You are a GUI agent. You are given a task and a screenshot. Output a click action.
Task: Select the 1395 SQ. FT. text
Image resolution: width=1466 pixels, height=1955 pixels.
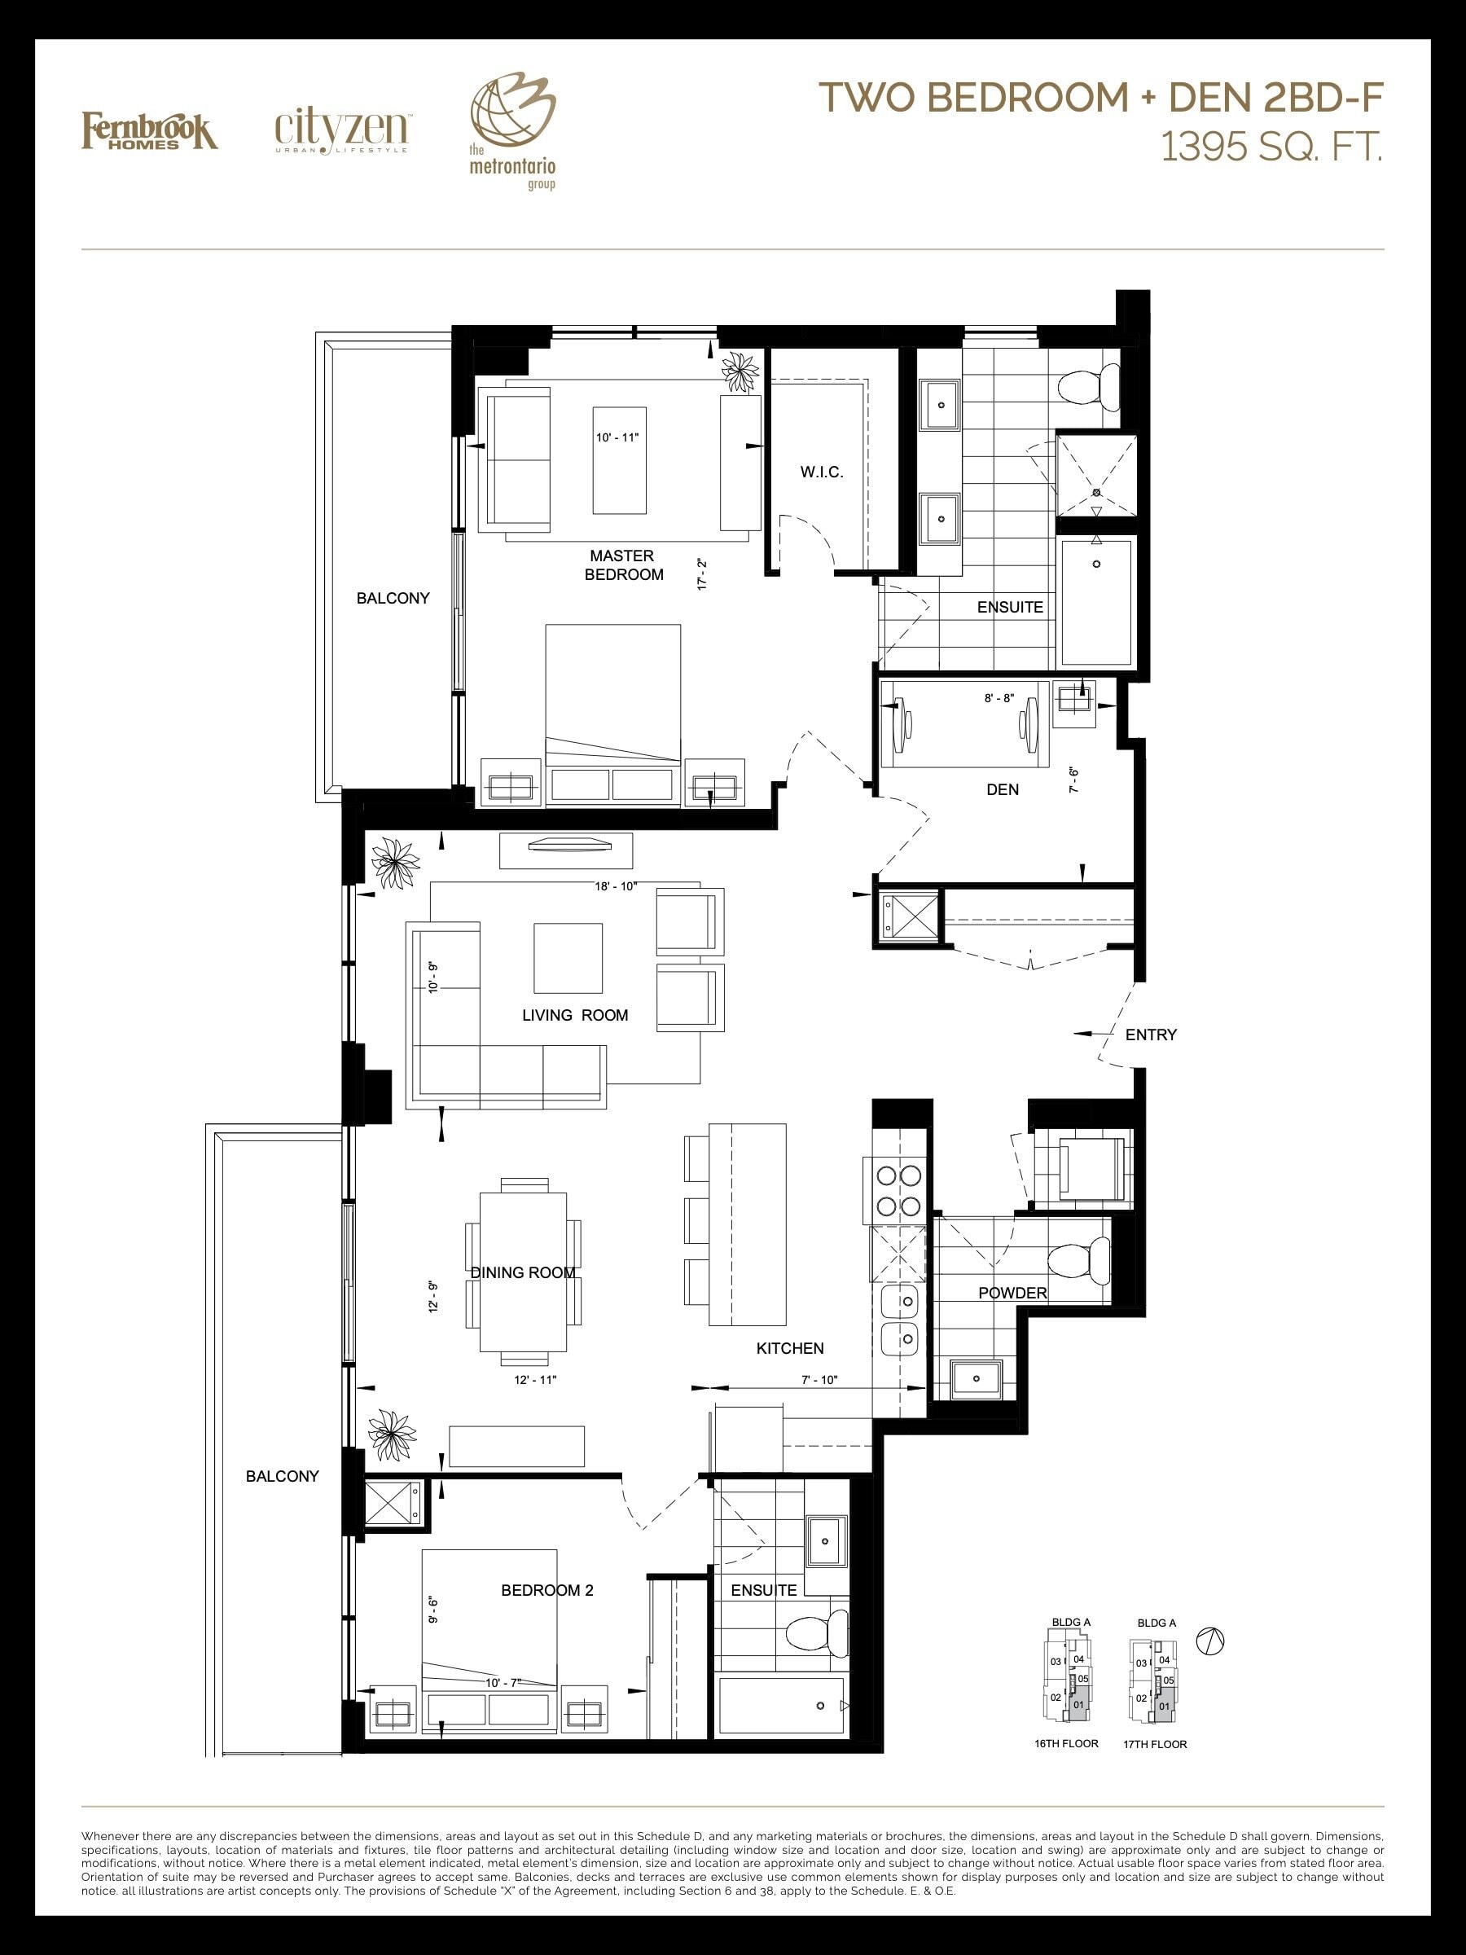(x=1271, y=147)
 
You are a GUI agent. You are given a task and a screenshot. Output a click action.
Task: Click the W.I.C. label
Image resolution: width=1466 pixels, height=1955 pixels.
(x=822, y=472)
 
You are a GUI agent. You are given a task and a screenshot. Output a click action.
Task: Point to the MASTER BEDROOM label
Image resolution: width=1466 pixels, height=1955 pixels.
(x=623, y=565)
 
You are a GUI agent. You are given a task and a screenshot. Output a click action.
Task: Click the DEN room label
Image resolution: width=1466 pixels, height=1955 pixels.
(x=1002, y=789)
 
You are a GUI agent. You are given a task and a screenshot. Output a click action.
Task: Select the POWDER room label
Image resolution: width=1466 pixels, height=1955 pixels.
(x=1012, y=1292)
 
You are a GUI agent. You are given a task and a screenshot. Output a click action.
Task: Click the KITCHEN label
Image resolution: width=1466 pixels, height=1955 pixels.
(x=790, y=1348)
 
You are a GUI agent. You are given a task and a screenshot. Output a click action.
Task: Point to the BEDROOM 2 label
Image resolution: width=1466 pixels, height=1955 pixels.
(x=547, y=1590)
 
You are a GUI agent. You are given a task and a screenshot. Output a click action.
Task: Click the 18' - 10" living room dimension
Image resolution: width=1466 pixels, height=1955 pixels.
(x=616, y=886)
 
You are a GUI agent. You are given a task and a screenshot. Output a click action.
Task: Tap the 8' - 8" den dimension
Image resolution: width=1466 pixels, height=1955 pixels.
(x=999, y=698)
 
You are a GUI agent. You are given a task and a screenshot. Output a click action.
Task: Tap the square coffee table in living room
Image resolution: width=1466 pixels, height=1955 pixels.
(x=568, y=958)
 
